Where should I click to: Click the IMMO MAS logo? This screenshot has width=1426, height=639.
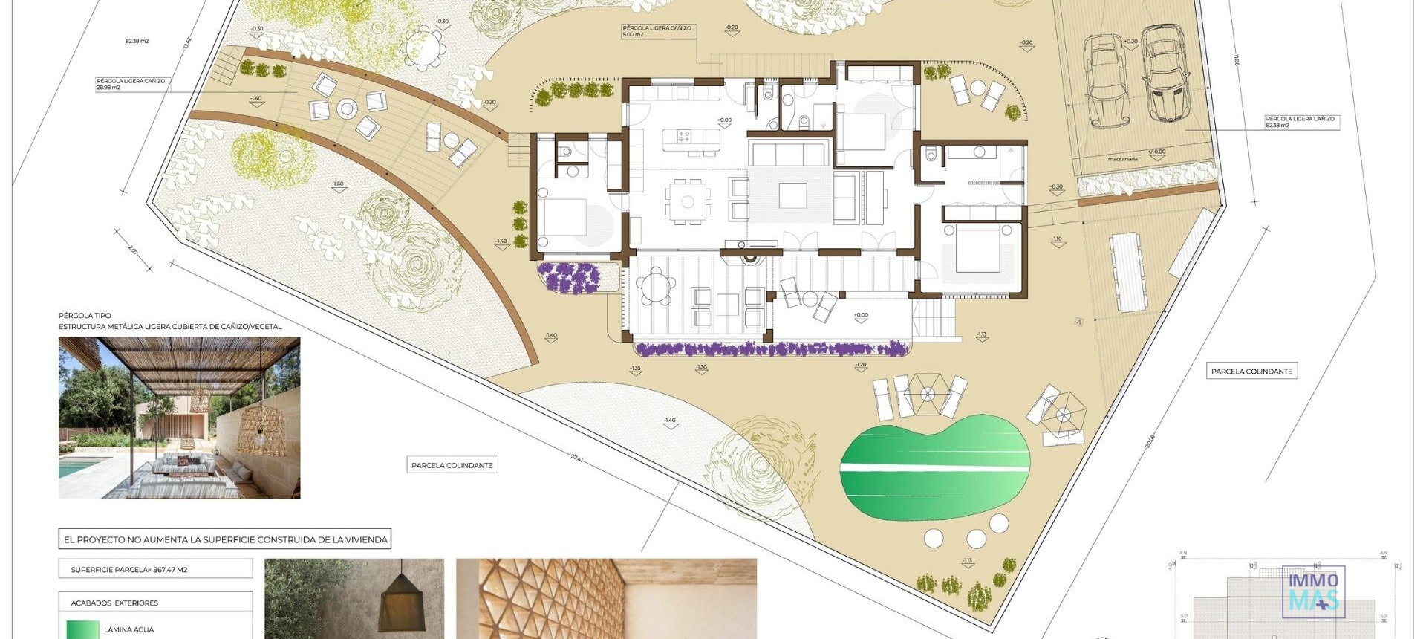(1313, 591)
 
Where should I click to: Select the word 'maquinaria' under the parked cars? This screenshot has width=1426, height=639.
(1122, 158)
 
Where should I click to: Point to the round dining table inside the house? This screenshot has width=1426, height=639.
(688, 201)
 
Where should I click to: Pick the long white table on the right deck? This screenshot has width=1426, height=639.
(1128, 272)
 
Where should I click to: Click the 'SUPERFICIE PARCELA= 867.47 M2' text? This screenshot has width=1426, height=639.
(129, 570)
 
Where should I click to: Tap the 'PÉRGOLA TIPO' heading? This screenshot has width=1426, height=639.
(85, 316)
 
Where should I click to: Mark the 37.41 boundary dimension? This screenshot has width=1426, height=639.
(576, 458)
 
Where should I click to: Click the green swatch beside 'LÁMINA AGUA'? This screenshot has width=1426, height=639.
(82, 629)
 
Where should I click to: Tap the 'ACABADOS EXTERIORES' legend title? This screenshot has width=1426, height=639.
(114, 603)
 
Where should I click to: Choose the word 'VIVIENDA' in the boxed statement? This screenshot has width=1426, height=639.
(364, 539)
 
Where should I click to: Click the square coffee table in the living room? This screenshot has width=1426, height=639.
(792, 195)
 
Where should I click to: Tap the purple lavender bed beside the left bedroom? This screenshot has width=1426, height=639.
(569, 277)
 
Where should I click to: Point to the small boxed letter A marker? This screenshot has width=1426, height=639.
(1079, 321)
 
